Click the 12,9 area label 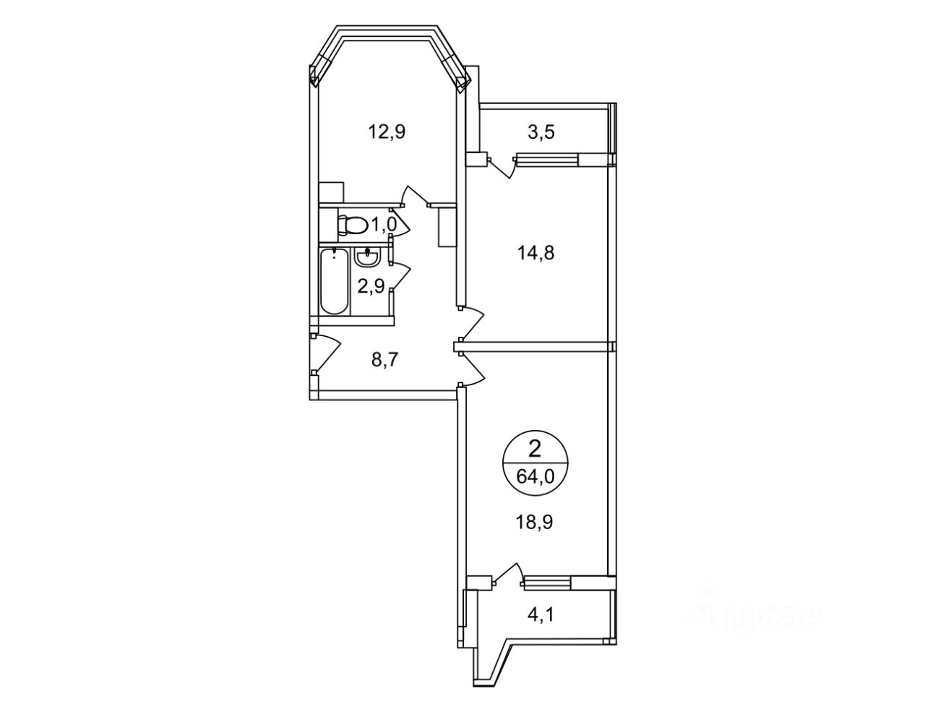click(x=387, y=132)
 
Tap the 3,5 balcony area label click(x=541, y=132)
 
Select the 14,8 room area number click(x=535, y=253)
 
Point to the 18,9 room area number click(x=534, y=522)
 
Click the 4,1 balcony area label click(x=541, y=614)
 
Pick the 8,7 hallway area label click(x=384, y=361)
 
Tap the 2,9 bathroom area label click(x=371, y=287)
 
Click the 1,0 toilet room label click(x=384, y=225)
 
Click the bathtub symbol click(x=334, y=282)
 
